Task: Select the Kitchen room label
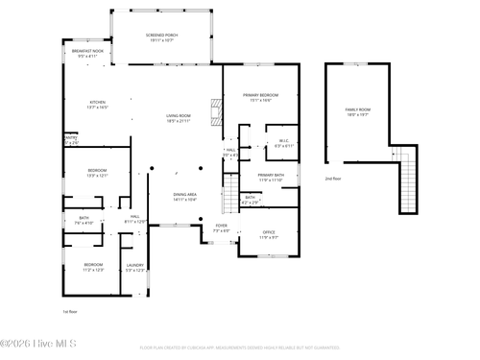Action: [x=98, y=106]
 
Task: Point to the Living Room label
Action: [x=178, y=119]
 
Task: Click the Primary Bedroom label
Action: [x=260, y=98]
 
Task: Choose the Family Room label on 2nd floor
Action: [x=358, y=112]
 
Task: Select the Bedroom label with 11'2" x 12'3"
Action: [x=92, y=267]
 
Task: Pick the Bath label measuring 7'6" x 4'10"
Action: [x=84, y=221]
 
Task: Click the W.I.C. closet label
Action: [x=284, y=144]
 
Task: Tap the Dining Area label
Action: [x=185, y=197]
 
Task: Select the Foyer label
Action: [x=221, y=229]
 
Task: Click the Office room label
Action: [x=270, y=235]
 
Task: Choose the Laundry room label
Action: [x=135, y=268]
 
